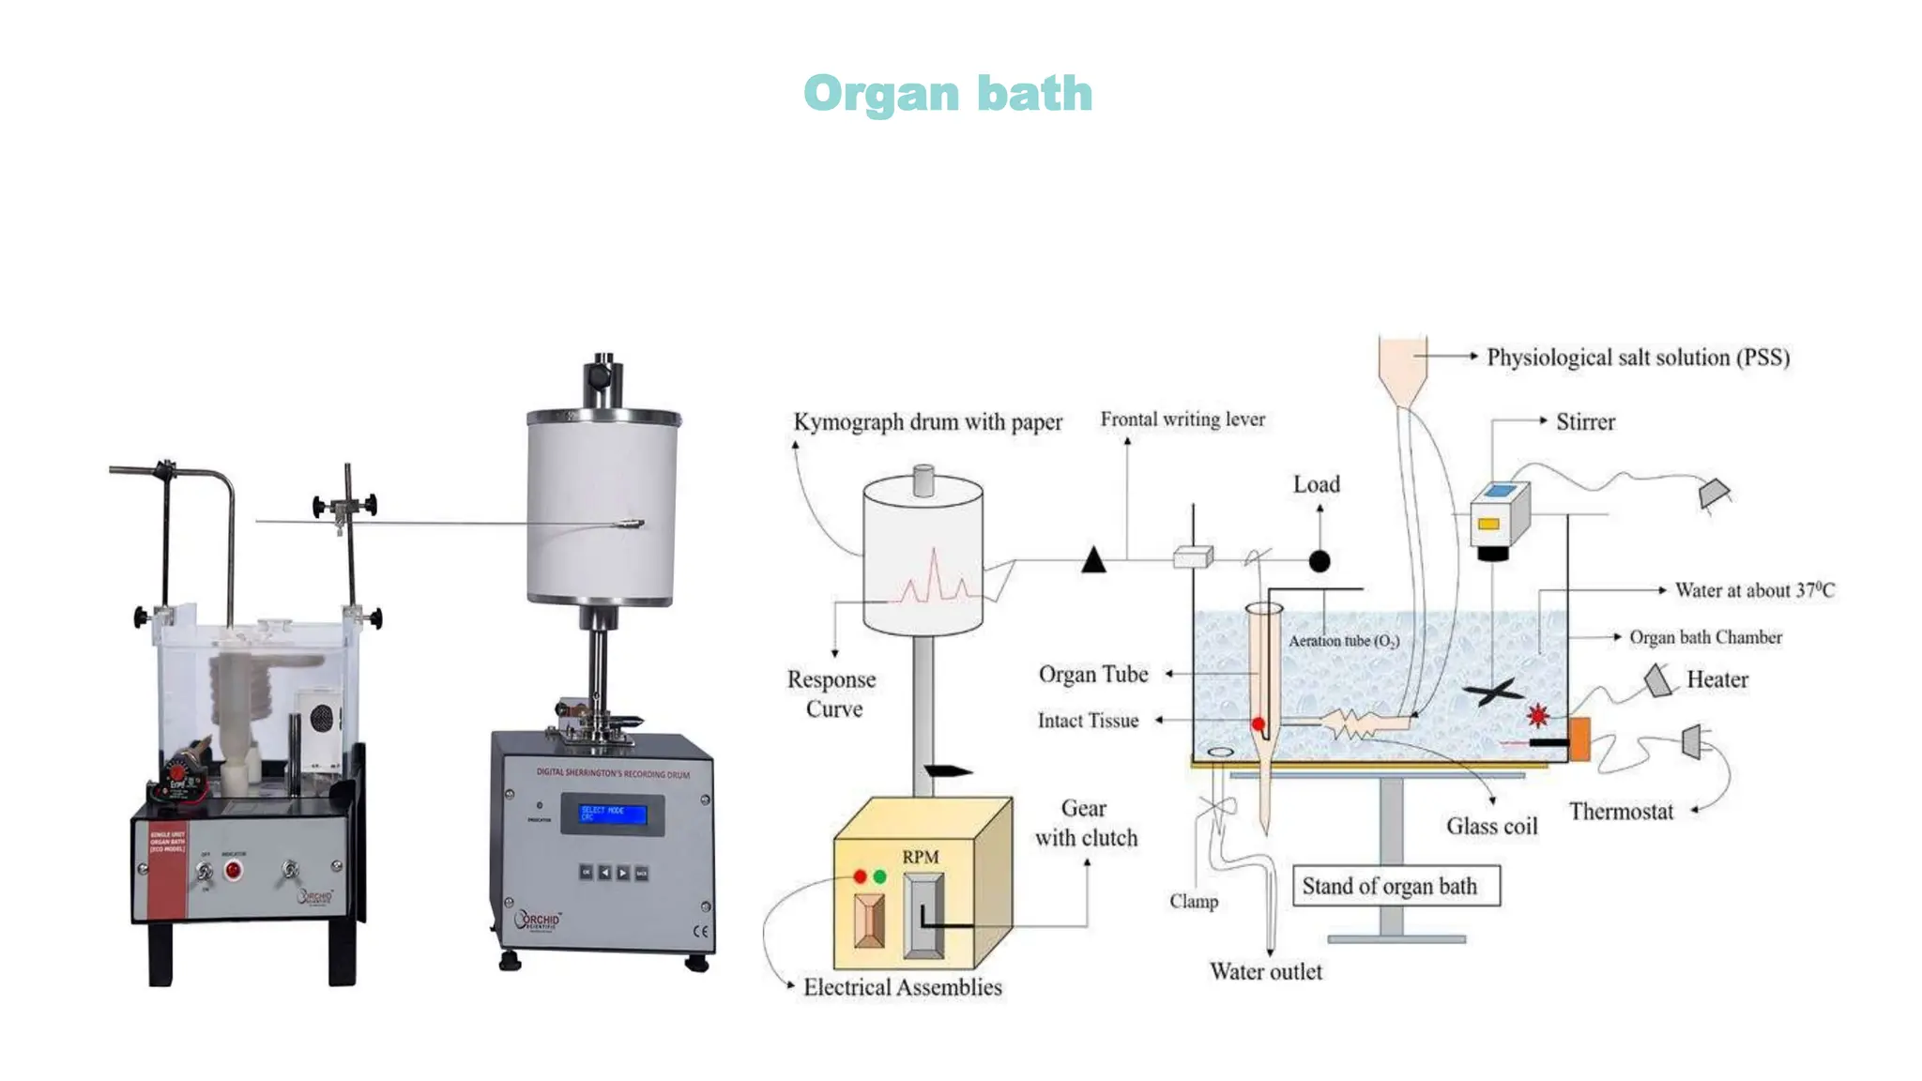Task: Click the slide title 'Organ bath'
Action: pyautogui.click(x=948, y=94)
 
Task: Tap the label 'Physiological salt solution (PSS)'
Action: pyautogui.click(x=1638, y=358)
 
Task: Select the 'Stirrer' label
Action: pyautogui.click(x=1585, y=422)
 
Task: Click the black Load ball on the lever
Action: pyautogui.click(x=1319, y=561)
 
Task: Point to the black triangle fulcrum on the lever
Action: pyautogui.click(x=1093, y=561)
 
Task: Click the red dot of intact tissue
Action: pyautogui.click(x=1258, y=723)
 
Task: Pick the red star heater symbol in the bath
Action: pyautogui.click(x=1537, y=716)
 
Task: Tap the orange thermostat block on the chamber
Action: pyautogui.click(x=1579, y=738)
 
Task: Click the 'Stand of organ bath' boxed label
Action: pyautogui.click(x=1396, y=886)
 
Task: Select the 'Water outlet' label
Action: pyautogui.click(x=1265, y=971)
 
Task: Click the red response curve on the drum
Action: pyautogui.click(x=933, y=579)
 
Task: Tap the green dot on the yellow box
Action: pyautogui.click(x=879, y=876)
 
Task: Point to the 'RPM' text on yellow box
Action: pyautogui.click(x=920, y=857)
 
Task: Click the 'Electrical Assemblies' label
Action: pyautogui.click(x=902, y=987)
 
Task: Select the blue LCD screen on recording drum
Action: pyautogui.click(x=613, y=814)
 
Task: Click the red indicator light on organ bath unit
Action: pyautogui.click(x=233, y=870)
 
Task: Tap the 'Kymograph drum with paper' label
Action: pyautogui.click(x=927, y=422)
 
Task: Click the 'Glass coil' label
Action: pyautogui.click(x=1491, y=827)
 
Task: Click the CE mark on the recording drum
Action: pyautogui.click(x=700, y=931)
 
